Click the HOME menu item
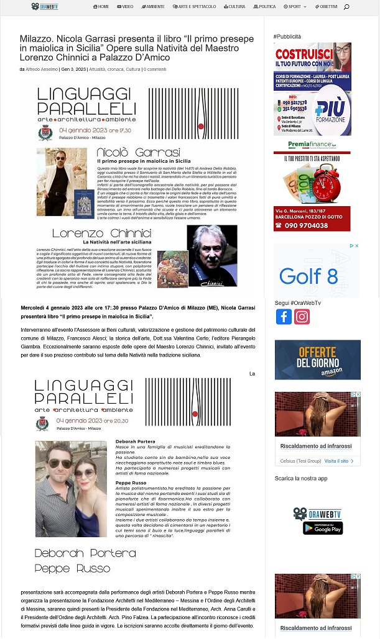coord(101,7)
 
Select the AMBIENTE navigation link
coord(153,7)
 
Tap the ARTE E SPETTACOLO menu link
coord(195,7)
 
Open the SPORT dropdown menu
coord(295,7)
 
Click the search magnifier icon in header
coord(346,7)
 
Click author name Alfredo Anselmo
coord(42,69)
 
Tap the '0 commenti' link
coord(155,69)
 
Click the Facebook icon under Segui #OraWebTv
coord(284,317)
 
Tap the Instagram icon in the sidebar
coord(302,317)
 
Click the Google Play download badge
coord(323,528)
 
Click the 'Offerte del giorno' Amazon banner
coord(317,360)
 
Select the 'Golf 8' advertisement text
coord(308,275)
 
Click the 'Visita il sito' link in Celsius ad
coord(336,461)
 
